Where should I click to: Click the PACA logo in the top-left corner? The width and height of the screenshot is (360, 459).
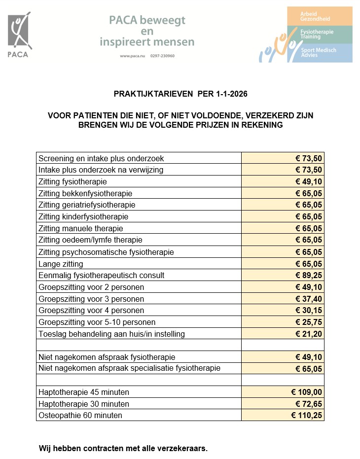18,35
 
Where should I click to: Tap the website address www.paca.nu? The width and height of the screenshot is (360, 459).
130,56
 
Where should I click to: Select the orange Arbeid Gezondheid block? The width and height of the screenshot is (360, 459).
320,16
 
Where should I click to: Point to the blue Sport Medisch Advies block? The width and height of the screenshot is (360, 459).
320,53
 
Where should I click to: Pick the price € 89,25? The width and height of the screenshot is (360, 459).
308,275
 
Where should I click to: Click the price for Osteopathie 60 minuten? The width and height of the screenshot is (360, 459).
306,415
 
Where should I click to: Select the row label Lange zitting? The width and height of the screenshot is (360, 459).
61,264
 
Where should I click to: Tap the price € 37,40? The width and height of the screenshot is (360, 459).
308,299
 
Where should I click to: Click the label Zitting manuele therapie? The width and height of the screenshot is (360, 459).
80,228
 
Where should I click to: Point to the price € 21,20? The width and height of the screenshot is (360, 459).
308,334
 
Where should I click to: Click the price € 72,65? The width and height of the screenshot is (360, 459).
308,404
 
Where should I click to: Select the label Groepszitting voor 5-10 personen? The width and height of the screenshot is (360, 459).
97,322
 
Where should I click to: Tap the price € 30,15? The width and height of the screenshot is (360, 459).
308,310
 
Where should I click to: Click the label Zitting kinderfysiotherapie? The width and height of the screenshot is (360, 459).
83,217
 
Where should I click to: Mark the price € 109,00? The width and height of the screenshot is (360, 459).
306,392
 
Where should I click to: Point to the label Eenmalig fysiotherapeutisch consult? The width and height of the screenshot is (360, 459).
101,275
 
